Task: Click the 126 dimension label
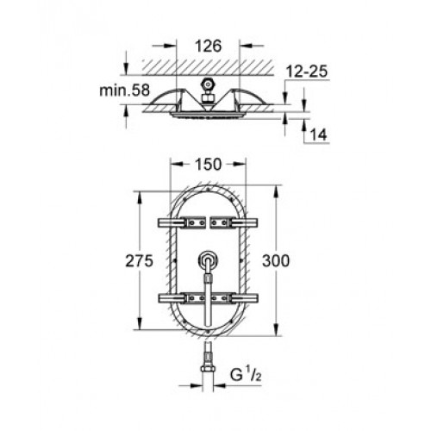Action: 209,46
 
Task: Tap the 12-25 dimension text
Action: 307,72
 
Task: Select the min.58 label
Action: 125,91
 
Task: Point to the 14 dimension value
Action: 319,134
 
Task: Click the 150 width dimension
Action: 209,165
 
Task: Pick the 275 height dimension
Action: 139,261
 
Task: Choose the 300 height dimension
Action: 276,261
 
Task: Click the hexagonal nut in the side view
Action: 207,84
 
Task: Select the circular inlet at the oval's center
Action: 208,260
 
